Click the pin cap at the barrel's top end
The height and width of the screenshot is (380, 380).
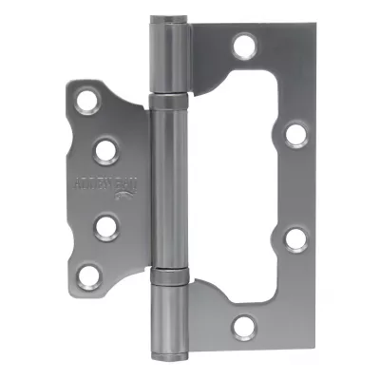pos(167,20)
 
